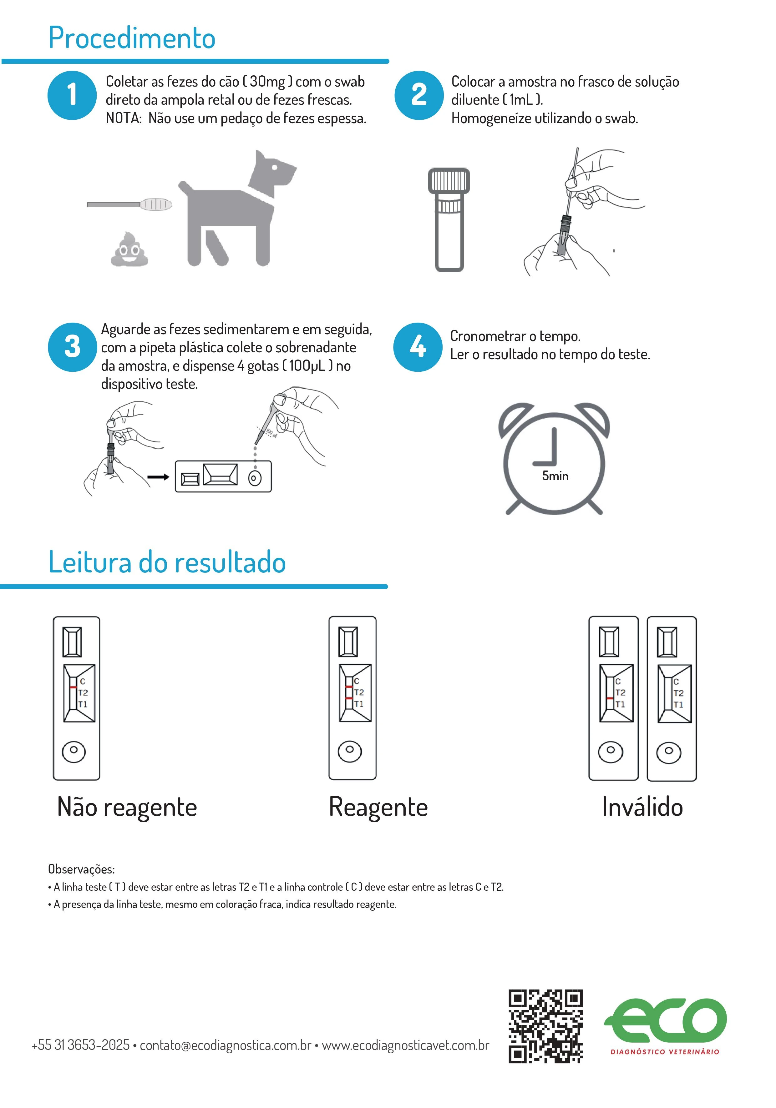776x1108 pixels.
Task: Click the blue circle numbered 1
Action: [72, 95]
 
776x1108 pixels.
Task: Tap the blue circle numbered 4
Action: [418, 347]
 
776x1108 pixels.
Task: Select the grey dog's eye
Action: [274, 168]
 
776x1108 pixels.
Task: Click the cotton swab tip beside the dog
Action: [156, 204]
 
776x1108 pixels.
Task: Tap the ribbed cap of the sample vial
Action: [449, 180]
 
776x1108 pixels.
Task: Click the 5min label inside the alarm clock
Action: [555, 476]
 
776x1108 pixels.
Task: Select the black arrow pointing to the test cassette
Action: [158, 477]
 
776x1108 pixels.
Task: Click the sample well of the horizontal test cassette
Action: [255, 478]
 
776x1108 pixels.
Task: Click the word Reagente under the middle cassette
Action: [378, 807]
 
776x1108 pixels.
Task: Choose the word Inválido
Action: [642, 807]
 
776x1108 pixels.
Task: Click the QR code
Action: [545, 1026]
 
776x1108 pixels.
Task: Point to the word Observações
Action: [81, 869]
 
